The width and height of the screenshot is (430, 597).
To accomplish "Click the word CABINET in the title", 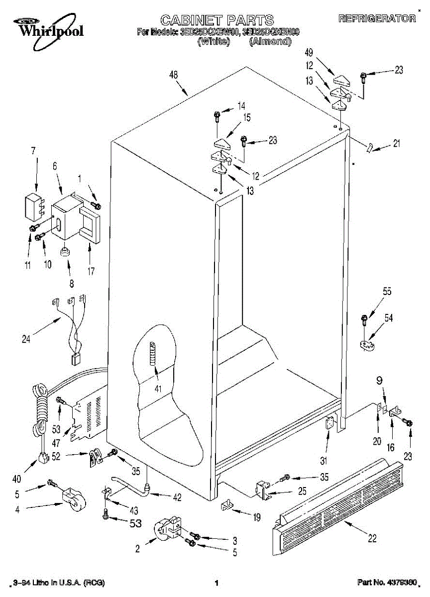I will tap(191, 20).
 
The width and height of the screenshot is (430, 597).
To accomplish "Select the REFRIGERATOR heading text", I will tap(377, 19).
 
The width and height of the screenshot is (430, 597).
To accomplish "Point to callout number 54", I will tap(388, 317).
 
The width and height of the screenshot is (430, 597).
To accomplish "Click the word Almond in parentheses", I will tap(270, 42).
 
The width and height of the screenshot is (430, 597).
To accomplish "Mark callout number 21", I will tap(396, 144).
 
